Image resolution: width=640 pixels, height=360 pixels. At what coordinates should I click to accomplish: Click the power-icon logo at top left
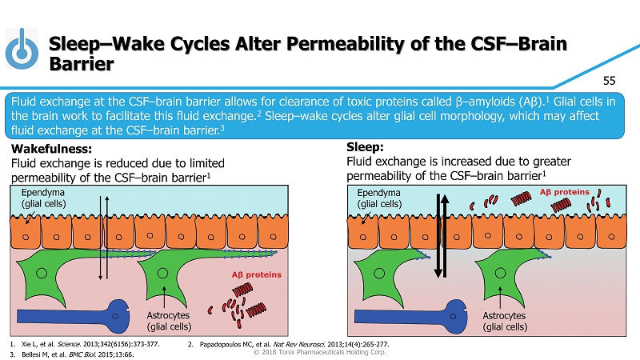pyautogui.click(x=23, y=50)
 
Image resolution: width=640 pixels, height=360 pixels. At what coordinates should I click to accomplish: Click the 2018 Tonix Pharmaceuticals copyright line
pyautogui.click(x=319, y=353)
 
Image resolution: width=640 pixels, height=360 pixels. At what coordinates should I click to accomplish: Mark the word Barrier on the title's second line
pyautogui.click(x=81, y=63)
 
